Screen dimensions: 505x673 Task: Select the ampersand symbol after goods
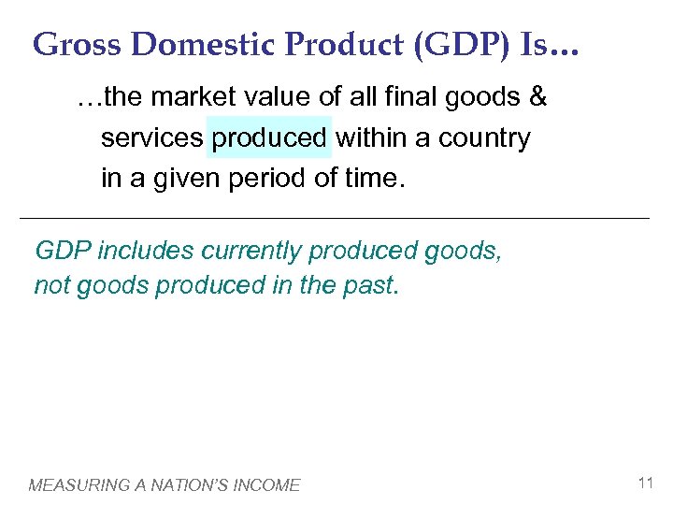[537, 97]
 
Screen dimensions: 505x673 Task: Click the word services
[151, 138]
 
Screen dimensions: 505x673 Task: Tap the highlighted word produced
[269, 138]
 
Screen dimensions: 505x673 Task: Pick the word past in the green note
[374, 285]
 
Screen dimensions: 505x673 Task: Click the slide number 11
[644, 483]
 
